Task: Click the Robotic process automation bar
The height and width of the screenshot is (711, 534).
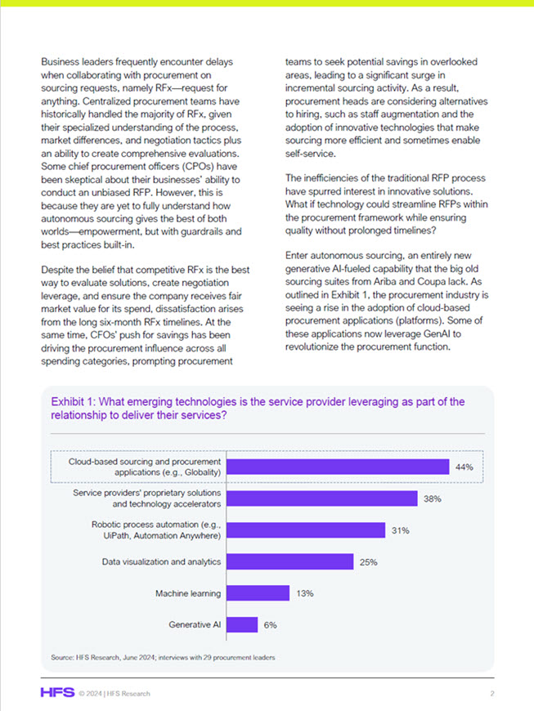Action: point(305,530)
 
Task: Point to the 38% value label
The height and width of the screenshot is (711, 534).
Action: point(433,499)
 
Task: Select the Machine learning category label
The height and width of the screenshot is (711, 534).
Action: point(188,592)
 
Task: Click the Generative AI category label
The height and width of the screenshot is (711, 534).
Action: point(195,624)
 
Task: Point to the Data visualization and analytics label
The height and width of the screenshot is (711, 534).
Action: point(161,561)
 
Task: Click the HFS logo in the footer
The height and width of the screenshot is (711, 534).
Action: point(56,693)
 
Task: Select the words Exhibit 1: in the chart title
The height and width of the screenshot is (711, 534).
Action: point(75,402)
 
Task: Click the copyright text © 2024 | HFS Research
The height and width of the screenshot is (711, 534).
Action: point(114,694)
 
